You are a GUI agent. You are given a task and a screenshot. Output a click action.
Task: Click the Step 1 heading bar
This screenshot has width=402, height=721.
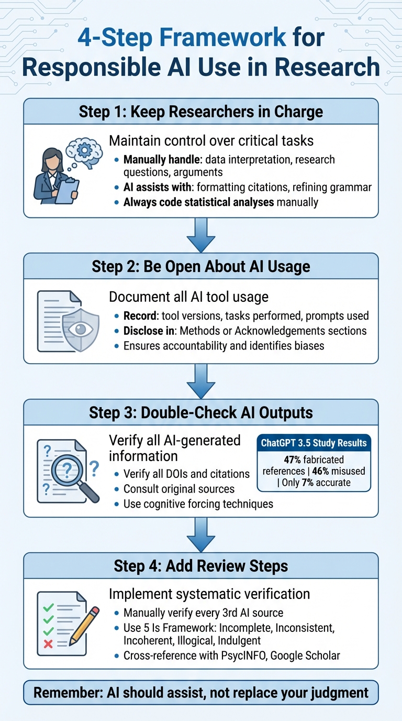[201, 111]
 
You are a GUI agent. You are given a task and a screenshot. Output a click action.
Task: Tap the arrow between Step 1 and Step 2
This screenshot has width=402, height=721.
[201, 235]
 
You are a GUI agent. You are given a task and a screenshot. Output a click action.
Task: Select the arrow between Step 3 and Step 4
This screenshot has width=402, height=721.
[201, 534]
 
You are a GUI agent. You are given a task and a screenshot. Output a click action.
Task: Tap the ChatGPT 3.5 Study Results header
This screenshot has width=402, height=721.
[314, 443]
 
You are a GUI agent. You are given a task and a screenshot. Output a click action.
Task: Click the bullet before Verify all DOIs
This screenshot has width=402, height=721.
[116, 474]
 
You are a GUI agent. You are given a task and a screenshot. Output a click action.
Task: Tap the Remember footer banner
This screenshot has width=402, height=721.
[201, 693]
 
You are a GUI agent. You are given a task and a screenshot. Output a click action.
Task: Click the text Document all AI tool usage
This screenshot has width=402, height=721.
[188, 297]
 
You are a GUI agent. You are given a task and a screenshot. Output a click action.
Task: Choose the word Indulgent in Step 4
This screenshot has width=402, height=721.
[234, 640]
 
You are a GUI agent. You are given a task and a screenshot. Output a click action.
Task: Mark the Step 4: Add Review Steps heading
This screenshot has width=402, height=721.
[201, 566]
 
